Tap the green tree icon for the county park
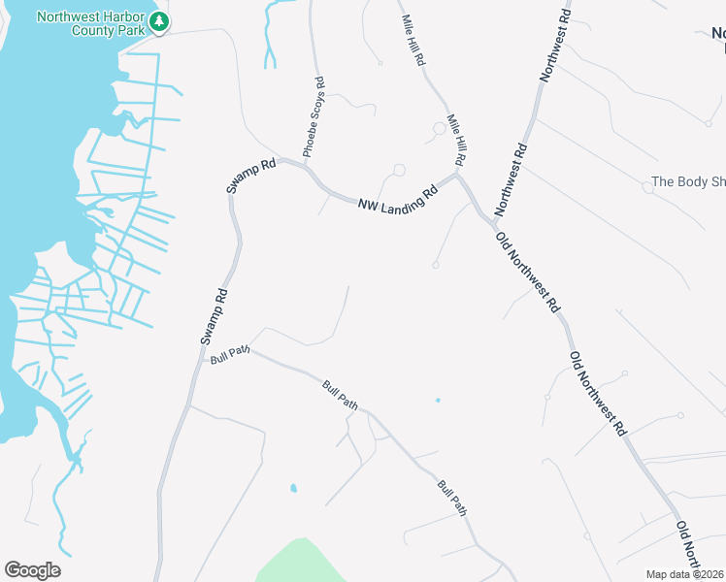pyautogui.click(x=159, y=21)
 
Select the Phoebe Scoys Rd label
pyautogui.click(x=315, y=119)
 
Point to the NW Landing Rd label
pyautogui.click(x=398, y=199)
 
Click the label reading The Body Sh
pyautogui.click(x=688, y=181)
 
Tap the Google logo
pyautogui.click(x=32, y=570)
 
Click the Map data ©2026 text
pyautogui.click(x=685, y=574)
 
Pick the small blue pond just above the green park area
pyautogui.click(x=293, y=488)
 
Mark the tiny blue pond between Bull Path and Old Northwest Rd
pyautogui.click(x=438, y=400)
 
